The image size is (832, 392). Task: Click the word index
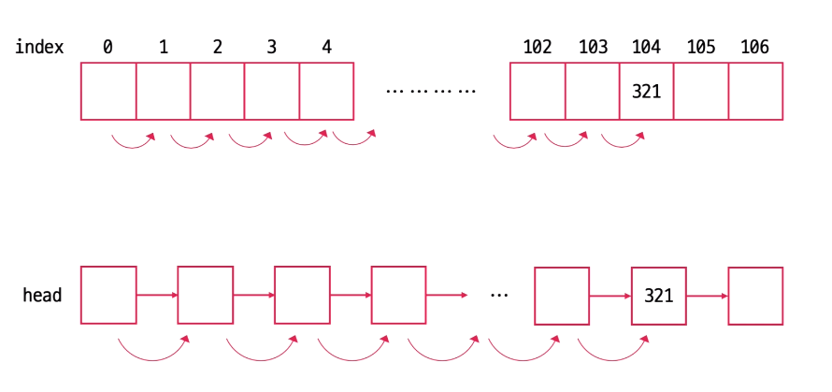coord(39,47)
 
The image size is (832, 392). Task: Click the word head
coord(42,296)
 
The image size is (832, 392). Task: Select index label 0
coord(108,47)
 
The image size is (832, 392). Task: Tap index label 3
coord(271,47)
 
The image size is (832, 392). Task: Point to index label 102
coord(538,47)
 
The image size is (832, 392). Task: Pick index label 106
coord(754,47)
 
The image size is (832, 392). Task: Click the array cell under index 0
coord(108,91)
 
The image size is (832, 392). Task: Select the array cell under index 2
coord(218,91)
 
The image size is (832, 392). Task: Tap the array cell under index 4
coord(326,91)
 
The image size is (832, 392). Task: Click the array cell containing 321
coord(646,91)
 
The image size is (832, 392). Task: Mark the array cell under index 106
coord(755,91)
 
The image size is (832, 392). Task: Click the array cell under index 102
coord(538,91)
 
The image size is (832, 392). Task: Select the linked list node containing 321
coord(659,296)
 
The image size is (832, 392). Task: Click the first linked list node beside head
coord(109,296)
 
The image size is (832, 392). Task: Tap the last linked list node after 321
coord(755,296)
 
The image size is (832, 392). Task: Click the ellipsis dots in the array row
coord(431,92)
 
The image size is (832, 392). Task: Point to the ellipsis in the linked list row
coord(499,296)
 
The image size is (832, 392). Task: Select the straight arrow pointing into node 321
coord(610,296)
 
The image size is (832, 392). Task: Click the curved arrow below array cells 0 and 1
coord(133,142)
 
